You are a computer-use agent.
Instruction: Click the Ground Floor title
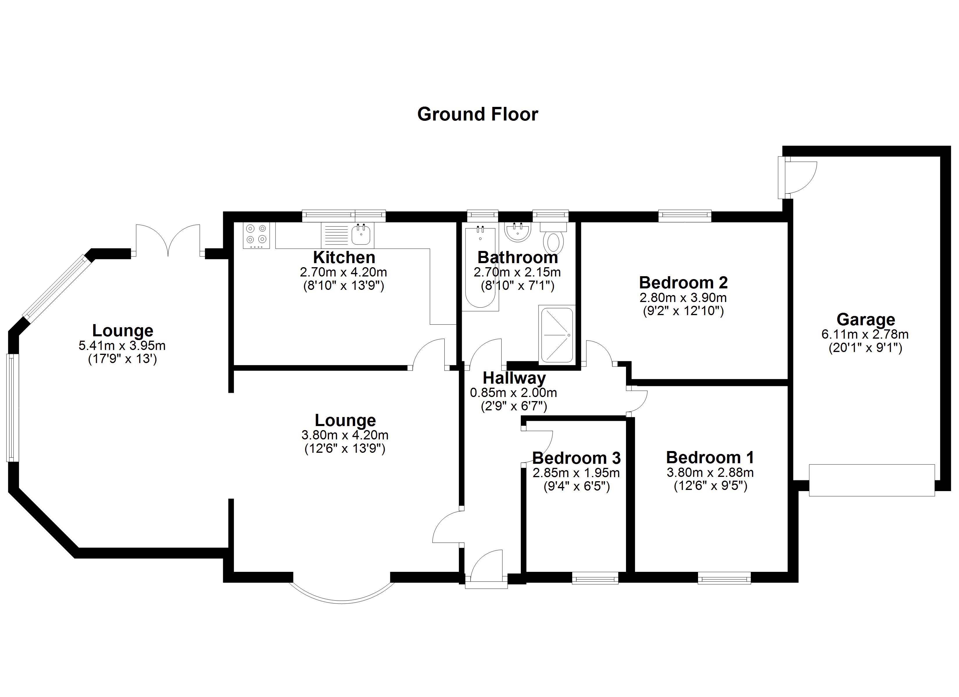pyautogui.click(x=477, y=114)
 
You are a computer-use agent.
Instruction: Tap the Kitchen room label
pyautogui.click(x=344, y=257)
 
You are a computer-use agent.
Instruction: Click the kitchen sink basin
pyautogui.click(x=361, y=235)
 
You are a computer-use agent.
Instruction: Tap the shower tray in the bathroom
pyautogui.click(x=556, y=335)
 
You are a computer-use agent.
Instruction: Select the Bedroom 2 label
pyautogui.click(x=683, y=282)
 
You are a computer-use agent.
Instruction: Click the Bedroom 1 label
pyautogui.click(x=710, y=457)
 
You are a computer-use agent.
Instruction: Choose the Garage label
pyautogui.click(x=865, y=319)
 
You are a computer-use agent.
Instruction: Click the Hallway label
pyautogui.click(x=514, y=378)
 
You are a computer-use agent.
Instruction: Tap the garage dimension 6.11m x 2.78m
pyautogui.click(x=865, y=334)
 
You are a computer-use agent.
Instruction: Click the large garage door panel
pyautogui.click(x=872, y=480)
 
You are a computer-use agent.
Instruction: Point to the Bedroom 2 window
pyautogui.click(x=685, y=216)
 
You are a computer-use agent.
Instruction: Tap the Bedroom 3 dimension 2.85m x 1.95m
pyautogui.click(x=576, y=473)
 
